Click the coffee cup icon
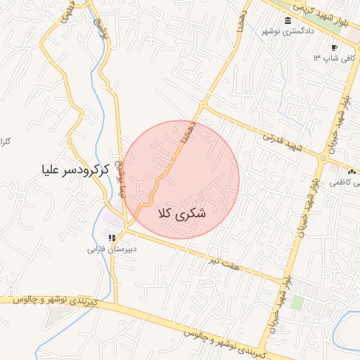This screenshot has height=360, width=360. (334, 49)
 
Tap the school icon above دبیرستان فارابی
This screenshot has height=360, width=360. (111, 238)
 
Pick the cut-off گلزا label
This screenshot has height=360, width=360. (6, 142)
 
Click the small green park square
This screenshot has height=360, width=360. (297, 302)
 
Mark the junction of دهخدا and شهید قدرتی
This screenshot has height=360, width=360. (202, 106)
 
